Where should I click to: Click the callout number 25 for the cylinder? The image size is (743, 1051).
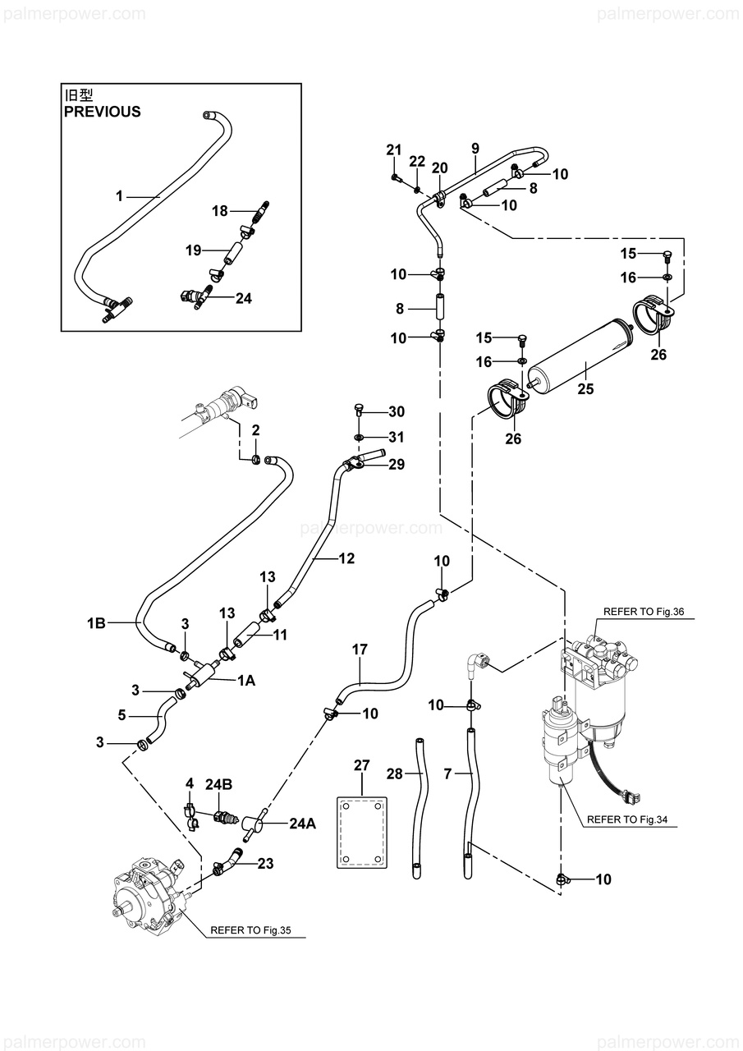tap(585, 389)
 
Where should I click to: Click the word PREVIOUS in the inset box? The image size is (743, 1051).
tap(103, 112)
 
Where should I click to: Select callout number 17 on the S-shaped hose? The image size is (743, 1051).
tap(360, 649)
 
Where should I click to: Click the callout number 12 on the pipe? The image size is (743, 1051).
tap(346, 558)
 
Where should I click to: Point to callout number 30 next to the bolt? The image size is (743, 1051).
tap(397, 411)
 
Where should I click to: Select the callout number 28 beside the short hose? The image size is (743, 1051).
tap(395, 773)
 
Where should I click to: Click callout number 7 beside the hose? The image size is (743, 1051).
tap(447, 773)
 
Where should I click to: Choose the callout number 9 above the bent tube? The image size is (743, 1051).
tap(475, 148)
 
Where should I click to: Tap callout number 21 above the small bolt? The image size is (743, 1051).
tap(394, 149)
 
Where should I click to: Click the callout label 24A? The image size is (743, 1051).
tap(302, 824)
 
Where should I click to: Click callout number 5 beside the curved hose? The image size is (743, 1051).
tap(122, 715)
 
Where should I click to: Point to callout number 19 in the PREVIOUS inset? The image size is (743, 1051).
tap(193, 250)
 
